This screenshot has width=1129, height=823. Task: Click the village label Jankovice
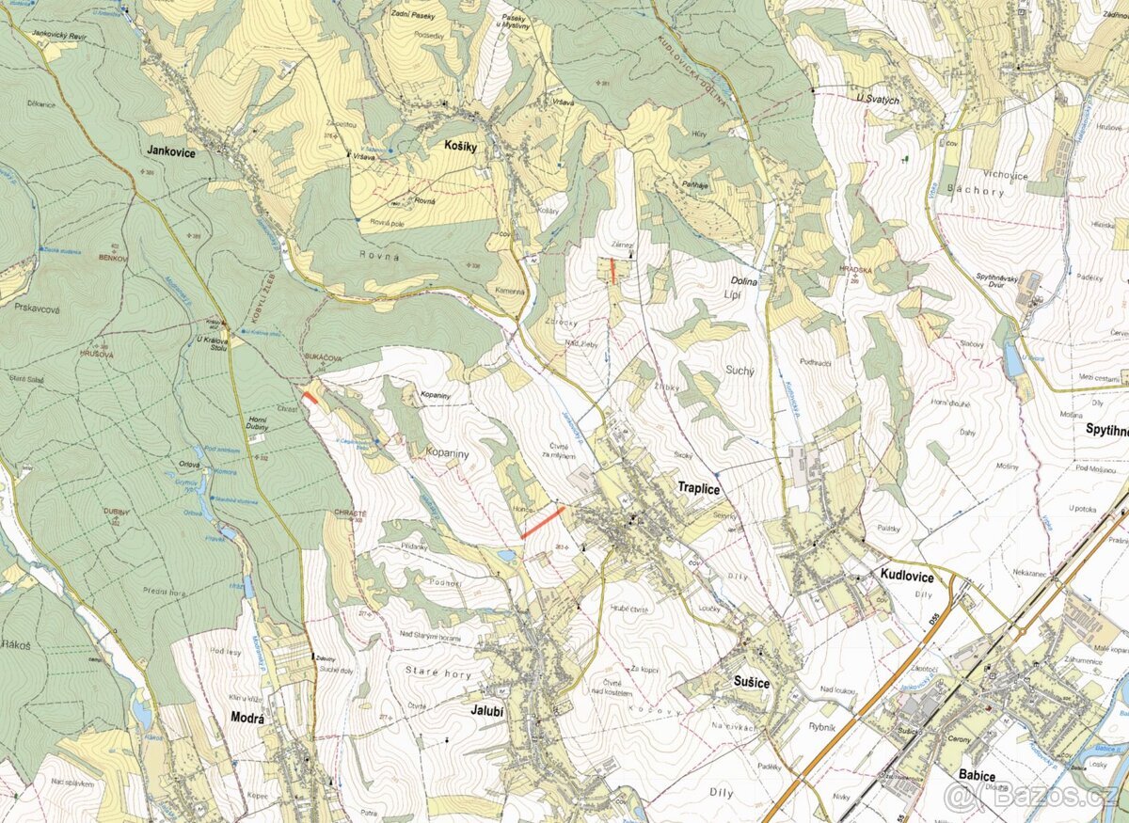click(x=171, y=150)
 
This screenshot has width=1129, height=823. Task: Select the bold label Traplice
click(x=699, y=489)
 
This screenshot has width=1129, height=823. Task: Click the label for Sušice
click(x=752, y=683)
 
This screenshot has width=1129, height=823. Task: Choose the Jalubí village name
click(x=487, y=712)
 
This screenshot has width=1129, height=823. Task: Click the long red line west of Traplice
click(x=543, y=523)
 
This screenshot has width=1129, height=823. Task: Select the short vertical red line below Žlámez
click(x=613, y=271)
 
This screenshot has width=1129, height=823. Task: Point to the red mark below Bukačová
click(x=310, y=398)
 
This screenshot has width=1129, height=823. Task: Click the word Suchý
click(x=740, y=372)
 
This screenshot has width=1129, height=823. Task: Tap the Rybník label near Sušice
click(x=798, y=724)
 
